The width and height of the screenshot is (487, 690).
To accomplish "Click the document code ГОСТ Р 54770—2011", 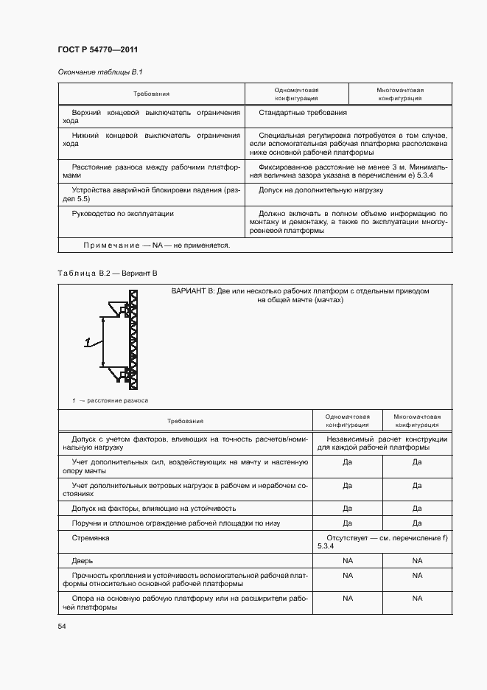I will pos(98,49).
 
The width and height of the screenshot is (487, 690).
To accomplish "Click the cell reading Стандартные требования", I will pos(303,113).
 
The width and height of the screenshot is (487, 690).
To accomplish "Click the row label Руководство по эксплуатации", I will pos(122,214).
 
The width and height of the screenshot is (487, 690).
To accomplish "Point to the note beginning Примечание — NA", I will pos(156,245).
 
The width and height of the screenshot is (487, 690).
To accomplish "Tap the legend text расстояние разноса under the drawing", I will pos(117,400).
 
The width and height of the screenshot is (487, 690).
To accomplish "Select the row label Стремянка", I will pos(91,539).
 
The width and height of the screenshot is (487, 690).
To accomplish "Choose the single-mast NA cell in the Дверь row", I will pos(348,561).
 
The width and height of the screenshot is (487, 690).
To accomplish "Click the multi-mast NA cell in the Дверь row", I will pos(417,561).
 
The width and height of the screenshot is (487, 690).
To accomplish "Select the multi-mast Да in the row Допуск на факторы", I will pos(417,508).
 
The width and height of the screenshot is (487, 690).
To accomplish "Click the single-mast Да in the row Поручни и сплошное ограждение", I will pos(348,523).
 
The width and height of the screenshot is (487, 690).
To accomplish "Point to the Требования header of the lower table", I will pos(185,421).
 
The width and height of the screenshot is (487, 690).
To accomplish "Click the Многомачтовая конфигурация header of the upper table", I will pos(399,94).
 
